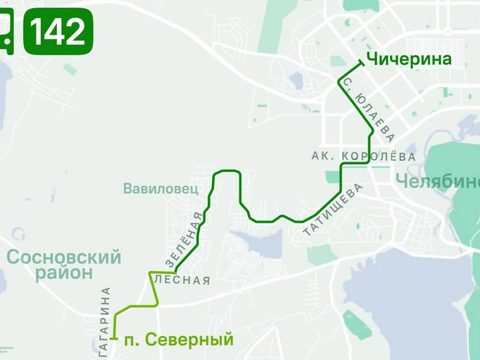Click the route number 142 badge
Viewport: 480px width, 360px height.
(x=58, y=31)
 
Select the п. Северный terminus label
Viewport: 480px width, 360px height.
(x=178, y=340)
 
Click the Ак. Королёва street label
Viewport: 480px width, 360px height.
(x=363, y=156)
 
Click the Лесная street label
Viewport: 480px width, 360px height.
(x=182, y=280)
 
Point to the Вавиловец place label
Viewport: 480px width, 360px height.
(x=161, y=188)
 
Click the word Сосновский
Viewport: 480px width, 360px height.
(x=64, y=257)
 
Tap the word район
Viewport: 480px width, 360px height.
(x=64, y=274)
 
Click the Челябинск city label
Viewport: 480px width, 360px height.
(x=438, y=182)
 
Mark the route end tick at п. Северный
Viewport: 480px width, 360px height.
(x=115, y=339)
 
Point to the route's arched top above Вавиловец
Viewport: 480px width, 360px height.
(x=226, y=171)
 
